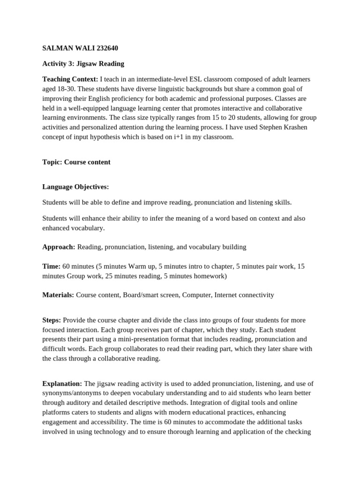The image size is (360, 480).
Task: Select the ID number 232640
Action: click(x=106, y=48)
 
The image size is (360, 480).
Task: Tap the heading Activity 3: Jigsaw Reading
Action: click(x=83, y=64)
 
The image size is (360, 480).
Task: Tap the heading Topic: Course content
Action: click(x=76, y=162)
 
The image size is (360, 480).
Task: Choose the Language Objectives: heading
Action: click(x=75, y=187)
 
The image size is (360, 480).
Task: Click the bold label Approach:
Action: click(x=59, y=247)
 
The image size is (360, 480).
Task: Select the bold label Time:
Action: click(x=51, y=266)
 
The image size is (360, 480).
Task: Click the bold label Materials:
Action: click(x=58, y=295)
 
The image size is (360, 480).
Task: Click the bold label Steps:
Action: click(x=52, y=320)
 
